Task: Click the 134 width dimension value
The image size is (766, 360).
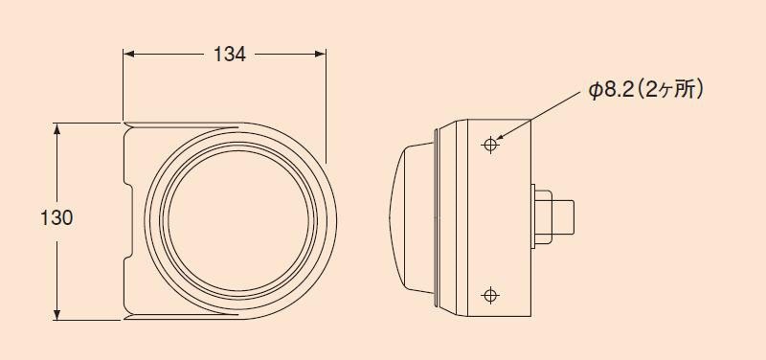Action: coord(230,55)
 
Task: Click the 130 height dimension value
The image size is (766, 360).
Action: coord(56,218)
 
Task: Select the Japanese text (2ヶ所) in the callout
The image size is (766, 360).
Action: coord(670,91)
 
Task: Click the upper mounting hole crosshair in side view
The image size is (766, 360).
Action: coord(490,145)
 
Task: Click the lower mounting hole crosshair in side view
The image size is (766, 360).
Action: coord(490,295)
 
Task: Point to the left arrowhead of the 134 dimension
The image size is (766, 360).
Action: coord(128,54)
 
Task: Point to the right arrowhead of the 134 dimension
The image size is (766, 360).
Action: coord(320,54)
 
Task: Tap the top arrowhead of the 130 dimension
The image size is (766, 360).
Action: coord(56,128)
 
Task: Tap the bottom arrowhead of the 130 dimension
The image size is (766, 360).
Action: coord(56,315)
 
